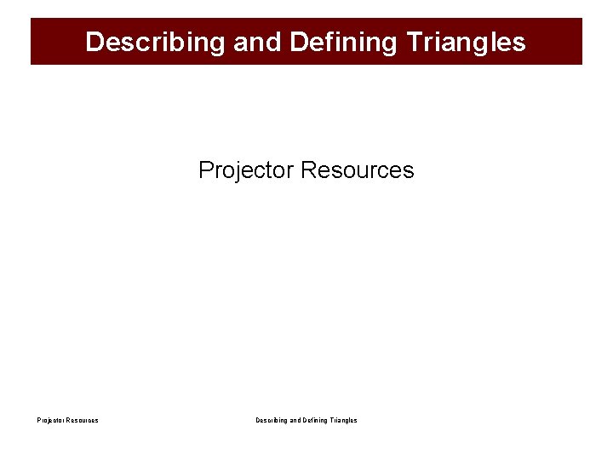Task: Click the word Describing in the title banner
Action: (156, 42)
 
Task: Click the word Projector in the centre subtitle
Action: (246, 170)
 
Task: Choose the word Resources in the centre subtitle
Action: (358, 170)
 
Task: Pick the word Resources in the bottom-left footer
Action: (82, 420)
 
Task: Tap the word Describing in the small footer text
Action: (272, 420)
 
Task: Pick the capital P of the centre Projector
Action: (205, 170)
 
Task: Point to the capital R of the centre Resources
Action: (308, 170)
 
